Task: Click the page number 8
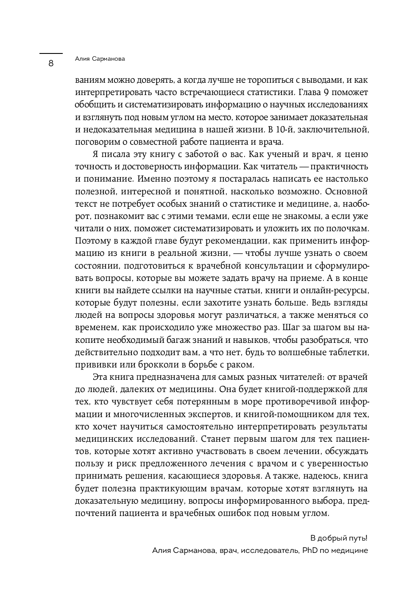51,64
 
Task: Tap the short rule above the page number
51,53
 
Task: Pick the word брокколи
160,364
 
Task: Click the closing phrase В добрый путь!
339,538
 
